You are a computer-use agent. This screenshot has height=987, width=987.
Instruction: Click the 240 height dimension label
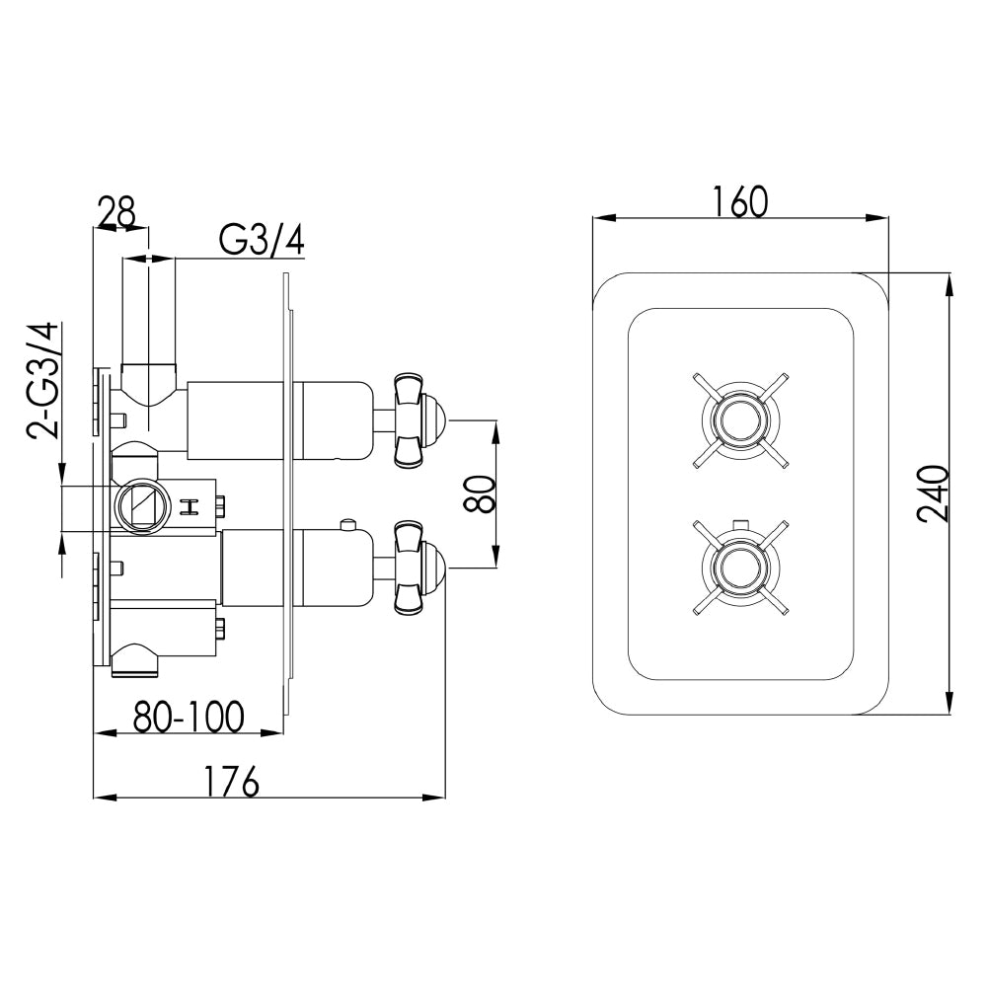(932, 493)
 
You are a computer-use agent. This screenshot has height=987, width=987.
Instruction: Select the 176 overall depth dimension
(232, 781)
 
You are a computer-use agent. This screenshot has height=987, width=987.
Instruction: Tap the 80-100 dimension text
(188, 717)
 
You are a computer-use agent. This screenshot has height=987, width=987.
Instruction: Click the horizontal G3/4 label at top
(262, 240)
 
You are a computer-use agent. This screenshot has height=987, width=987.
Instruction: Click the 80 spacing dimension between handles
(478, 493)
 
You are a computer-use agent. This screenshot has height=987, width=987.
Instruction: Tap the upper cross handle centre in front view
(740, 419)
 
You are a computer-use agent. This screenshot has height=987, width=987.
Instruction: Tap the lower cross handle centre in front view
(740, 566)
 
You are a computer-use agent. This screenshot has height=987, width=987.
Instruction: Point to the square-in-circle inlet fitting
(137, 505)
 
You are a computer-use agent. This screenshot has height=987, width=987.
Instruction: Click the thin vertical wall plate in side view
(287, 493)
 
